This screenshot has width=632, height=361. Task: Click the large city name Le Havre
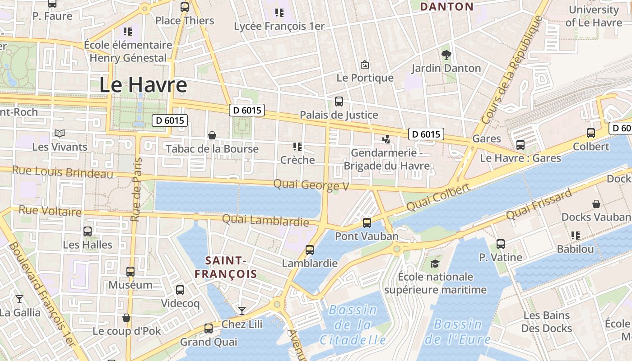point(143,85)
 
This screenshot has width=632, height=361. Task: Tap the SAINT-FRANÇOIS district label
point(226,267)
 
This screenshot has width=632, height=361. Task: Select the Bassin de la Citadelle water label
point(353,325)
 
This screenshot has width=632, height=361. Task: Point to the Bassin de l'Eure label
point(458,331)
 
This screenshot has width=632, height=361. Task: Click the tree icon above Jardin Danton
point(446,55)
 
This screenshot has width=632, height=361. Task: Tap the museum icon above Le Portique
point(365,65)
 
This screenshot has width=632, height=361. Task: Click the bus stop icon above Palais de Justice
point(339,102)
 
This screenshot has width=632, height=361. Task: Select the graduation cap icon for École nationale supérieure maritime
point(435,264)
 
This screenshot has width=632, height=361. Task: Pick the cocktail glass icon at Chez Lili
point(242,310)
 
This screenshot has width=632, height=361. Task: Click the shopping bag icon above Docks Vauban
point(596,204)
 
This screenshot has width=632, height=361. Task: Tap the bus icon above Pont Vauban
point(367,222)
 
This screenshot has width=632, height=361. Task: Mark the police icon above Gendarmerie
point(386,139)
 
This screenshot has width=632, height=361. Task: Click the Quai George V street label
point(311,185)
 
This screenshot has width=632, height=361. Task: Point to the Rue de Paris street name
point(136,190)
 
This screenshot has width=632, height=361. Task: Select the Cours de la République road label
point(512,70)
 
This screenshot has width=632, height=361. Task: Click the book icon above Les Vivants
point(60,133)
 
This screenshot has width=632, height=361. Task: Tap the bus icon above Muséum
point(130,271)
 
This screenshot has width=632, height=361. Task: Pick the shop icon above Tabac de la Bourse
point(212,135)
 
